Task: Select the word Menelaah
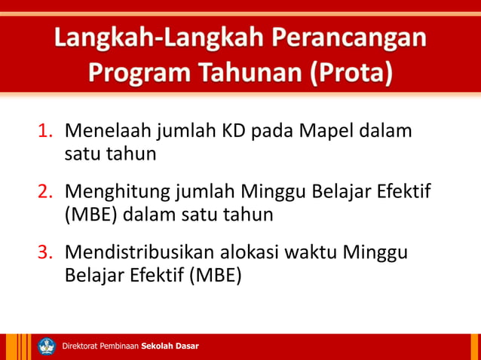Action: click(108, 131)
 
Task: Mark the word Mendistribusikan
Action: click(138, 252)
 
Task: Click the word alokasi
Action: click(253, 252)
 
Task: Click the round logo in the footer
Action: click(47, 346)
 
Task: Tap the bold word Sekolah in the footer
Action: click(158, 346)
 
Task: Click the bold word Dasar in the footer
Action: click(187, 346)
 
